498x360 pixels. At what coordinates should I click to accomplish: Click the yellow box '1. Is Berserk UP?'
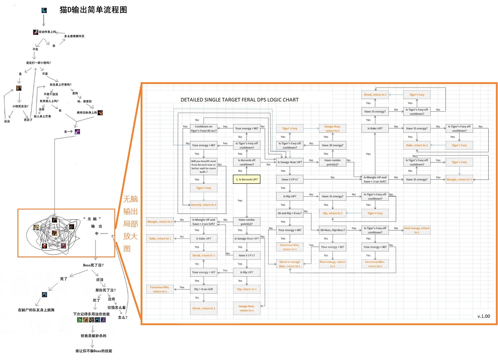pos(246,179)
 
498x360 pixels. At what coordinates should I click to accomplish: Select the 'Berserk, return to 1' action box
pos(204,205)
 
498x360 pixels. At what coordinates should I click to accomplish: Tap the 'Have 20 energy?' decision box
pos(332,145)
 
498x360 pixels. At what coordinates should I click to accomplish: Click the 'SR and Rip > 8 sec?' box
pos(289,213)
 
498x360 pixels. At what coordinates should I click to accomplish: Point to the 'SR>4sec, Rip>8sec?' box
pos(332,230)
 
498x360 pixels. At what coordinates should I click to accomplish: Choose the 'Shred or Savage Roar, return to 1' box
pos(290,264)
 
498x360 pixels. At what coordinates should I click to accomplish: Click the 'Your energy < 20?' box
pos(204,272)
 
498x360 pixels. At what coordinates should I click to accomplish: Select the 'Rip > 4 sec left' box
pos(204,289)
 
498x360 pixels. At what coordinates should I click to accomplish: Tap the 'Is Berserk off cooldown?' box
pos(246,162)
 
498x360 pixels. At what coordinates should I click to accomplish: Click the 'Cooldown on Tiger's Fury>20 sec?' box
pos(204,129)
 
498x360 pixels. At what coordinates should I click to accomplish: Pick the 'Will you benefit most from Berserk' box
pos(204,166)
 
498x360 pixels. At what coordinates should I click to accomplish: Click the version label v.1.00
pos(483,316)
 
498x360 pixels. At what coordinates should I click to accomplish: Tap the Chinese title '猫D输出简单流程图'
pos(93,10)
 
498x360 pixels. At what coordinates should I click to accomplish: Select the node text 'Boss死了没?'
pos(93,265)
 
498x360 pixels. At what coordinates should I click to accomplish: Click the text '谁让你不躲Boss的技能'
pos(94,351)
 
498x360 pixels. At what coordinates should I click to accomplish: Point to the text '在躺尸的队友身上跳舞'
pos(36,310)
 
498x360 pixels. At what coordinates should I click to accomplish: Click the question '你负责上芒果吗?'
pos(60,85)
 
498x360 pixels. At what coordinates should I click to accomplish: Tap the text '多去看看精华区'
pos(74,36)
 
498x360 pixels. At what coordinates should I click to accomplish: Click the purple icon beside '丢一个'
pos(77,132)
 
